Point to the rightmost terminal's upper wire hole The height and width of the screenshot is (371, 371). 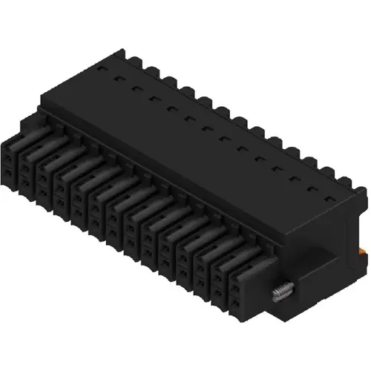pos(237,283)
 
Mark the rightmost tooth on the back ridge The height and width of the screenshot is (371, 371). pos(346,180)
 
